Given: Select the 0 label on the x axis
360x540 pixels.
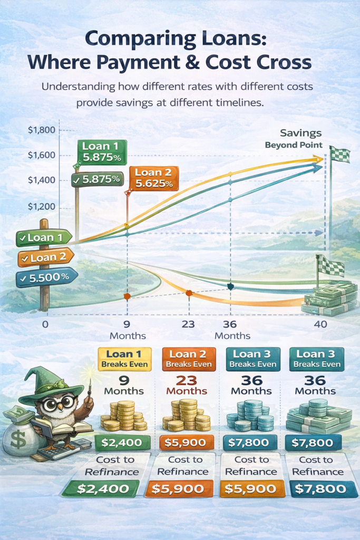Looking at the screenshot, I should click(x=45, y=324).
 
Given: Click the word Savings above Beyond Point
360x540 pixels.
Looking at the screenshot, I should click(x=301, y=133).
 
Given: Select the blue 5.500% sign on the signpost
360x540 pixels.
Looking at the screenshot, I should click(x=47, y=276).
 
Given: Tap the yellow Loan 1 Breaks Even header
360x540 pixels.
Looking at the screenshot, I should click(x=125, y=358).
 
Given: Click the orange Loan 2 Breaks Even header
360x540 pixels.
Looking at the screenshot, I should click(x=189, y=358).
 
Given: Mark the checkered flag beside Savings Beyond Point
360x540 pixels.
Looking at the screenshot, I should click(x=339, y=155).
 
